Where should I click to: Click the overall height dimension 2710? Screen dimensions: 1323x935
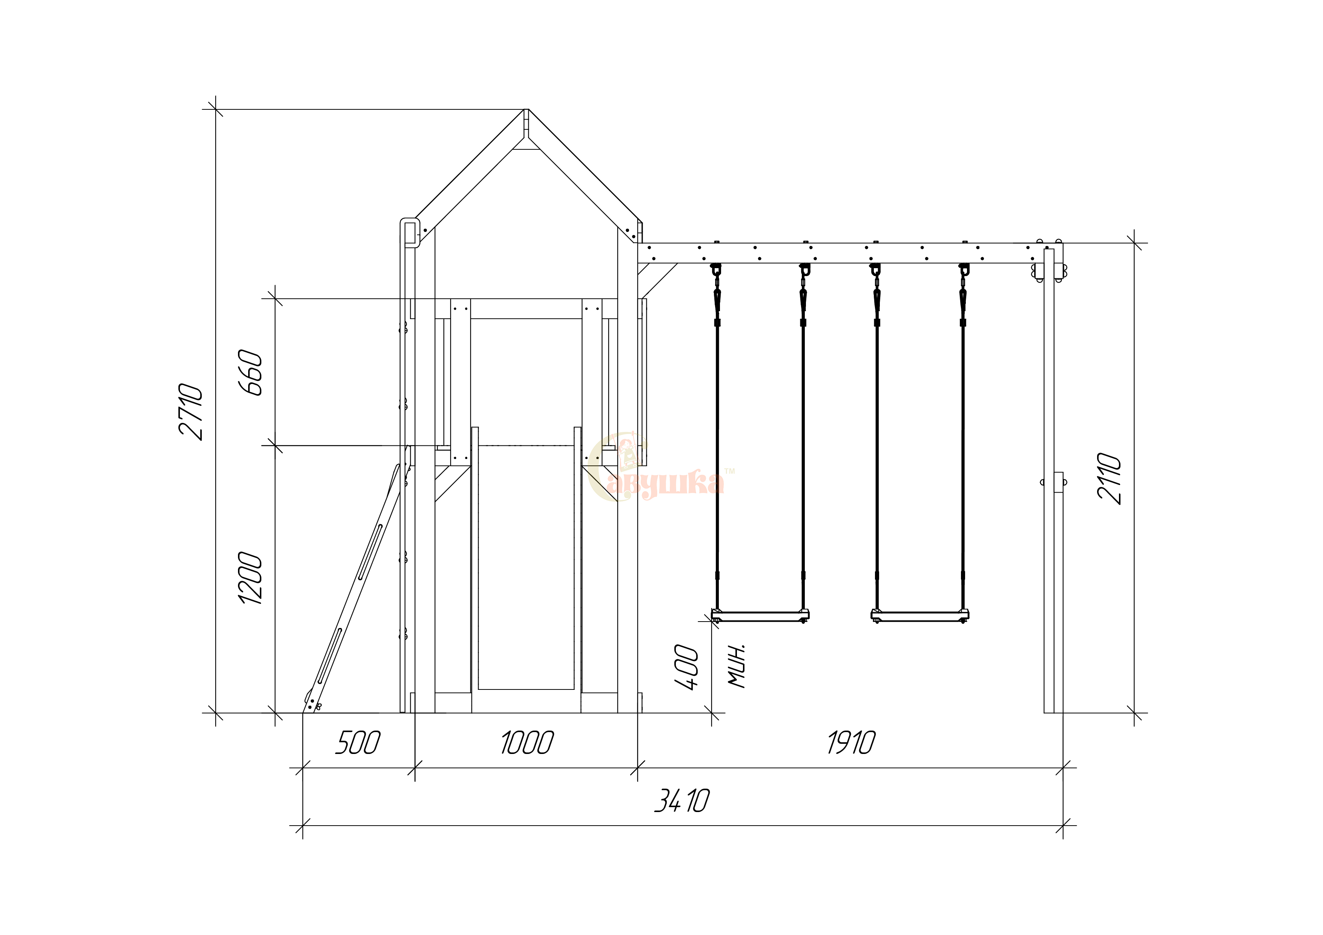pyautogui.click(x=191, y=411)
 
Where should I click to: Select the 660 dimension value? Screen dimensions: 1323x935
pyautogui.click(x=251, y=372)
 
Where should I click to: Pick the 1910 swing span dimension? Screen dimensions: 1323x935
pyautogui.click(x=851, y=743)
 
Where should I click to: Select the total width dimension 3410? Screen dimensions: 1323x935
pyautogui.click(x=682, y=801)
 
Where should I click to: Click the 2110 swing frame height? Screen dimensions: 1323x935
pyautogui.click(x=1109, y=479)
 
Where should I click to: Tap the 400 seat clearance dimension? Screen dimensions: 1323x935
pyautogui.click(x=686, y=666)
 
